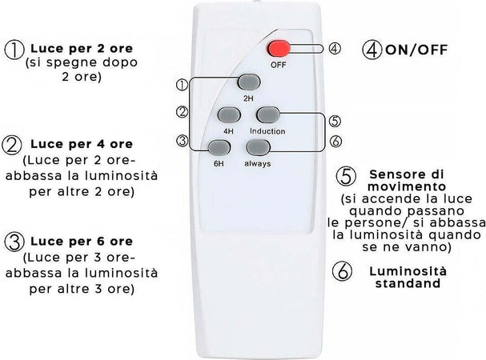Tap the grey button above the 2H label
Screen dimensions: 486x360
click(249, 82)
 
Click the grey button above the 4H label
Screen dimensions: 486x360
click(229, 114)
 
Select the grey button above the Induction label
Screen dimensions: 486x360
click(268, 114)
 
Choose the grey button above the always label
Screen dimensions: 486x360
click(258, 147)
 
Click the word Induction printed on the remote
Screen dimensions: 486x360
click(267, 131)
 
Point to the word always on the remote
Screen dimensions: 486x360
click(258, 163)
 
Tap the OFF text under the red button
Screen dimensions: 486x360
click(278, 65)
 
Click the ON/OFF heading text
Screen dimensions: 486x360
click(416, 50)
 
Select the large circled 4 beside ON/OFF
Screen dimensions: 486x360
click(372, 50)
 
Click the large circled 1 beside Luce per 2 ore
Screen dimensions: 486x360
click(14, 50)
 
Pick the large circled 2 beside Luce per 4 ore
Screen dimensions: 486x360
click(12, 146)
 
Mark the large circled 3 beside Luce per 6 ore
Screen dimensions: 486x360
click(14, 242)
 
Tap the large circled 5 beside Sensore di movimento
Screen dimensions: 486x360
click(346, 176)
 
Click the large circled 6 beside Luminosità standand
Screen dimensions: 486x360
click(342, 271)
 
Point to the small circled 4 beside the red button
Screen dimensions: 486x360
click(335, 49)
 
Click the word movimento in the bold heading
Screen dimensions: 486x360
click(407, 187)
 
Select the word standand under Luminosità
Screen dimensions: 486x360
click(408, 283)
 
